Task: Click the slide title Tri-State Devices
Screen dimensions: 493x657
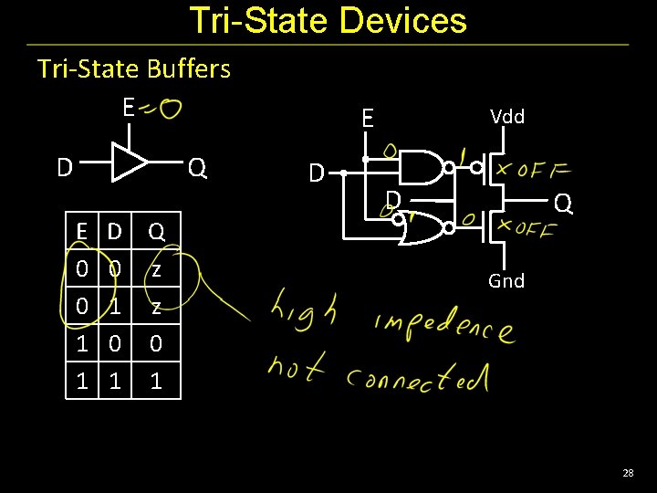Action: pos(328,20)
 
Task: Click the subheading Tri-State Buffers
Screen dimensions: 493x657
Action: pos(133,68)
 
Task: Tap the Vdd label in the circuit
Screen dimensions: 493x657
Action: pos(506,116)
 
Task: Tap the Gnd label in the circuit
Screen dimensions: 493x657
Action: pos(506,281)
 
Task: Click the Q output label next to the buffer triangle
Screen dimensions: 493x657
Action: pos(197,168)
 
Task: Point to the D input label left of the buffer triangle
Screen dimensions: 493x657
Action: pos(64,168)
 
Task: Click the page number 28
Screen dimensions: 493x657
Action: pos(627,473)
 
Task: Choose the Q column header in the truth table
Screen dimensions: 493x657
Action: pos(156,232)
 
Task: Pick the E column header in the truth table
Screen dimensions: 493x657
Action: pos(82,232)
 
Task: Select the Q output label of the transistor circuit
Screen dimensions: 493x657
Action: pos(564,203)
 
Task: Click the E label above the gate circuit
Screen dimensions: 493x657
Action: pos(367,118)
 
